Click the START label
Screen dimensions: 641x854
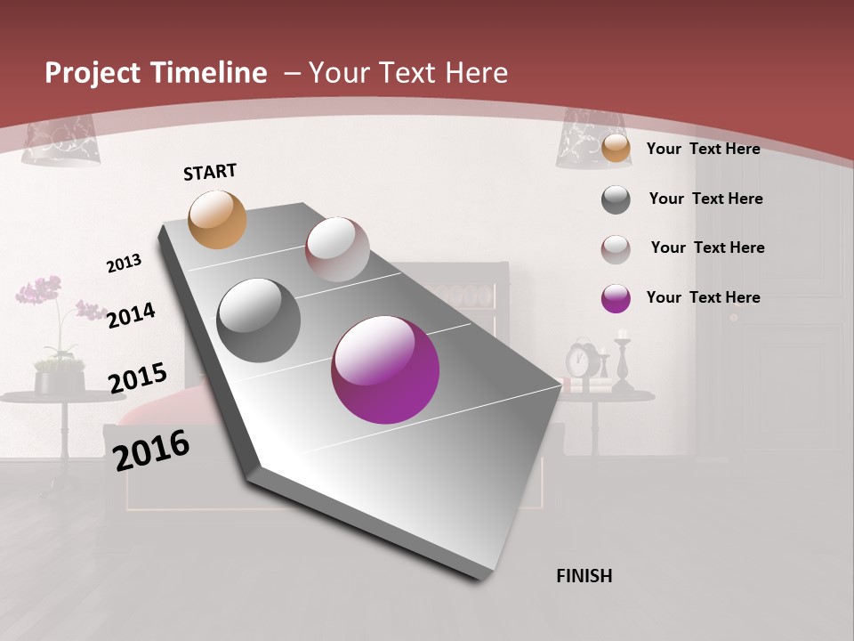pyautogui.click(x=210, y=172)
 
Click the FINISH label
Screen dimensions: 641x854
pyautogui.click(x=584, y=576)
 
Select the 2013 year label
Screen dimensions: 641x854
pyautogui.click(x=124, y=264)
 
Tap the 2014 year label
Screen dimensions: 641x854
pyautogui.click(x=131, y=315)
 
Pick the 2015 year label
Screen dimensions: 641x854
pyautogui.click(x=137, y=378)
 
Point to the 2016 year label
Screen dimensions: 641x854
pyautogui.click(x=151, y=450)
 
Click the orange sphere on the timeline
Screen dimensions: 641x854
pyautogui.click(x=218, y=219)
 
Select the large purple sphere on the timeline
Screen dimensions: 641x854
pyautogui.click(x=385, y=369)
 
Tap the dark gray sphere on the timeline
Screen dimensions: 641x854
pyautogui.click(x=259, y=320)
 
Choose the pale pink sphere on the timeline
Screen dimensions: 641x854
pyautogui.click(x=337, y=249)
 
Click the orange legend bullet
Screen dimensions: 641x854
pyautogui.click(x=616, y=149)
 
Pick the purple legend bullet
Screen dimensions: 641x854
pyautogui.click(x=616, y=298)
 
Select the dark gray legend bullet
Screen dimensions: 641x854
pyautogui.click(x=616, y=199)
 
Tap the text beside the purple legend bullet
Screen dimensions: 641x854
pyautogui.click(x=703, y=297)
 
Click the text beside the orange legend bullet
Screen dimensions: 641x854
pyautogui.click(x=703, y=149)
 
